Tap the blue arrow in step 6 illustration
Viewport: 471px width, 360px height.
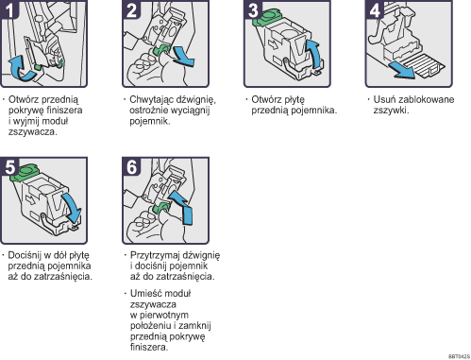pyautogui.click(x=186, y=215)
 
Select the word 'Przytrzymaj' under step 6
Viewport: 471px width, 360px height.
pyautogui.click(x=153, y=254)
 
